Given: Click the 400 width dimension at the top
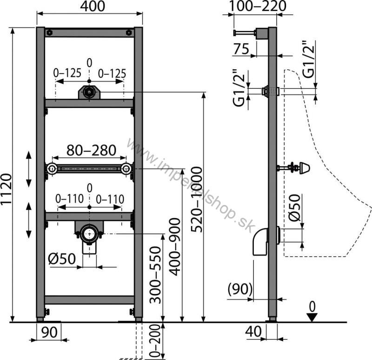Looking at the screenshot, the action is [92, 7].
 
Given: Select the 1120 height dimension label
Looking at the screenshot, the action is [6, 189].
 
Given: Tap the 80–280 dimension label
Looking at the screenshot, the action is [91, 150].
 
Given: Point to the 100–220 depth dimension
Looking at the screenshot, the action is [257, 6].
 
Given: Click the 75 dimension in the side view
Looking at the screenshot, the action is [241, 49].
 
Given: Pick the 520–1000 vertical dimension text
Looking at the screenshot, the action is [197, 200].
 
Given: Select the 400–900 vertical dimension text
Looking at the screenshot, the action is [175, 247].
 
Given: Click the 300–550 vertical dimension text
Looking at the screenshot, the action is [156, 275].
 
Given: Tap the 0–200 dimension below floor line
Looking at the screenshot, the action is [155, 341].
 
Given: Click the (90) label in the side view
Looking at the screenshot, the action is [240, 289].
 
